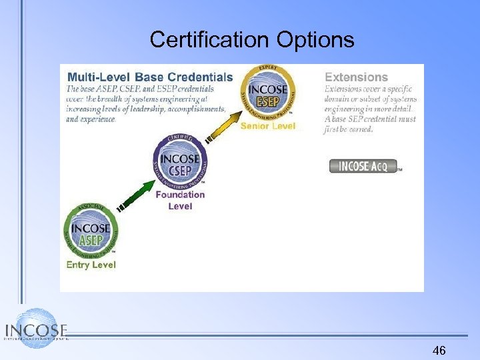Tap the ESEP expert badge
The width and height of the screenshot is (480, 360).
pos(269,93)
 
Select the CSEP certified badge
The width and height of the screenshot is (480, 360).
pos(180,163)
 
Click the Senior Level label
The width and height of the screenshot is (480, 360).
pos(268,126)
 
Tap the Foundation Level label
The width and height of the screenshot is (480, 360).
pos(180,200)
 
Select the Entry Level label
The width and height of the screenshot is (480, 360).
pos(91,265)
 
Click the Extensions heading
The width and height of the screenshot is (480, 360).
pos(356,77)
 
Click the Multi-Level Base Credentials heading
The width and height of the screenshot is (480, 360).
pos(150,77)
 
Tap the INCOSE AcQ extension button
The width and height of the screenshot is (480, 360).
pos(364,166)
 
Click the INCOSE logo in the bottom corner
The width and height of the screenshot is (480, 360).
pos(35,329)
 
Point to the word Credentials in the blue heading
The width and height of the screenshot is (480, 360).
pos(200,77)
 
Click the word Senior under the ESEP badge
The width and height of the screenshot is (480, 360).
pos(255,126)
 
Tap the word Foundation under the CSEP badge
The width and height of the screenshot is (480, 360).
pos(180,195)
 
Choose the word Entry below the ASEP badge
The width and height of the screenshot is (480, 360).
pos(78,265)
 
